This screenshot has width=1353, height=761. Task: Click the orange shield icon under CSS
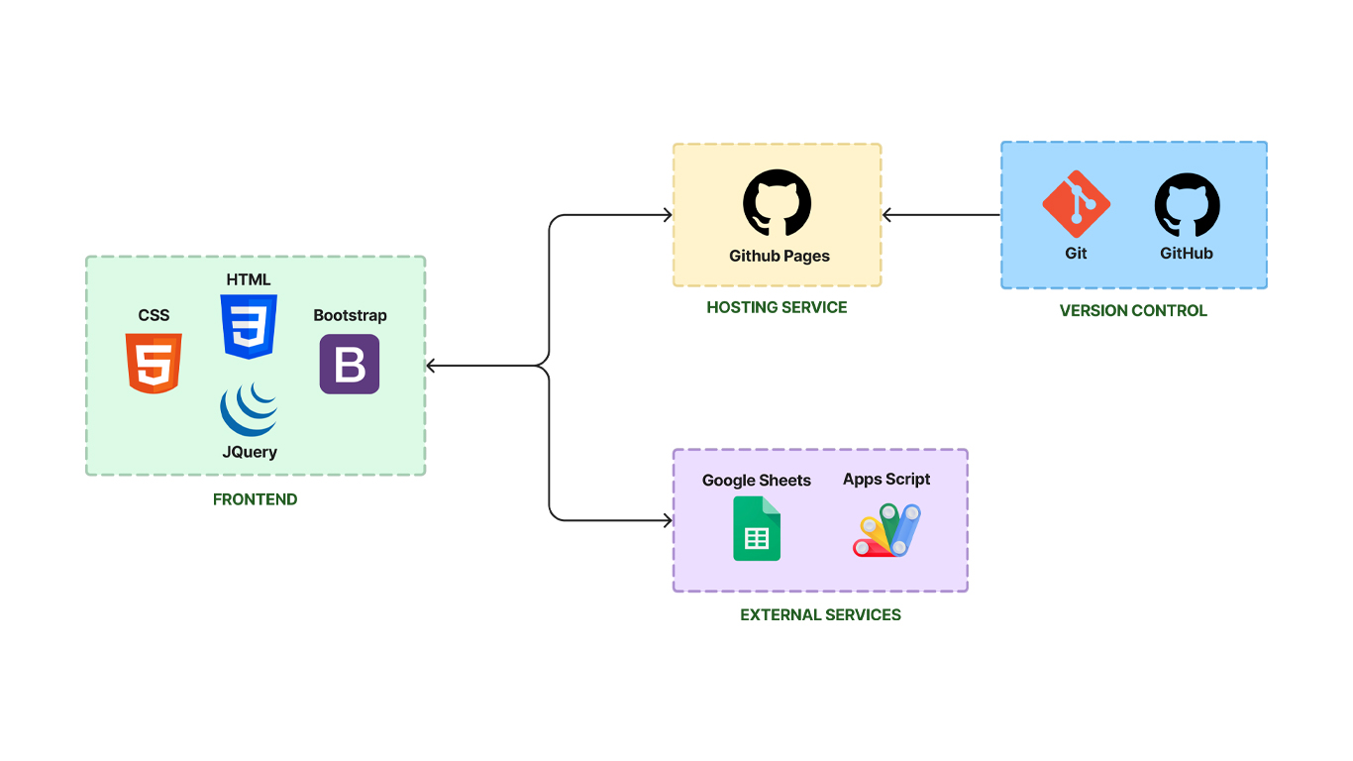(x=154, y=363)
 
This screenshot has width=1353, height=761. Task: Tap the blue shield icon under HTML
(x=249, y=326)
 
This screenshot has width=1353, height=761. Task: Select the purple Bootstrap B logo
(x=350, y=364)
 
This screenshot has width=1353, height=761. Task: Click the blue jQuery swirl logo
(x=249, y=409)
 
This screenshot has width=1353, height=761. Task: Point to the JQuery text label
(x=250, y=452)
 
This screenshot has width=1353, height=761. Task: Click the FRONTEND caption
(x=255, y=499)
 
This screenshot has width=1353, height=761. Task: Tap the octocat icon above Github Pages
(x=778, y=203)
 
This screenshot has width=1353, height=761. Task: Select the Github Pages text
(x=780, y=256)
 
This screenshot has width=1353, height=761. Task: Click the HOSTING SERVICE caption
(x=777, y=307)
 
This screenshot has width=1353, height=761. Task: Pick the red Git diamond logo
(x=1076, y=203)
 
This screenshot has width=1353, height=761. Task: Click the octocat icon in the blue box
(x=1187, y=205)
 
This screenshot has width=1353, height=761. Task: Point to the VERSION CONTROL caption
(x=1133, y=310)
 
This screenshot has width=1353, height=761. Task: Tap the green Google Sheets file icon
(x=757, y=529)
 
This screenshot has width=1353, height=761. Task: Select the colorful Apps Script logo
(x=887, y=530)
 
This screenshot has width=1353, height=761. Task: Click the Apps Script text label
(x=886, y=479)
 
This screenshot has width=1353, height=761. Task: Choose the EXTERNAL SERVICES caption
(x=820, y=614)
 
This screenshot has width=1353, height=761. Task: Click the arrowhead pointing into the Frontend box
(x=431, y=366)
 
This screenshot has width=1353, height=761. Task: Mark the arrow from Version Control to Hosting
(x=941, y=215)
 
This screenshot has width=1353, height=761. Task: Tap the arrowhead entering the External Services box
(x=667, y=519)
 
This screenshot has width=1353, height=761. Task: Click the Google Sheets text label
(x=757, y=480)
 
